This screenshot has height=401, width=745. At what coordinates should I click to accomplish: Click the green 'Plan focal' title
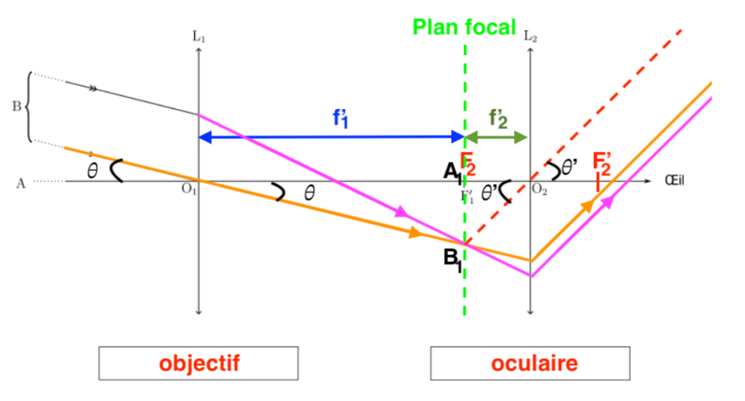[464, 28]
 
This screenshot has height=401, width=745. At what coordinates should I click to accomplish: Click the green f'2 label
[498, 118]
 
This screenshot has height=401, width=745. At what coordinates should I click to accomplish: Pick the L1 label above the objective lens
[199, 33]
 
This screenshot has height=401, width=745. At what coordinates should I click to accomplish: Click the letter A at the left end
[20, 184]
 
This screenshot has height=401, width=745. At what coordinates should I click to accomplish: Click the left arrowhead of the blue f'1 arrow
[204, 136]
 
